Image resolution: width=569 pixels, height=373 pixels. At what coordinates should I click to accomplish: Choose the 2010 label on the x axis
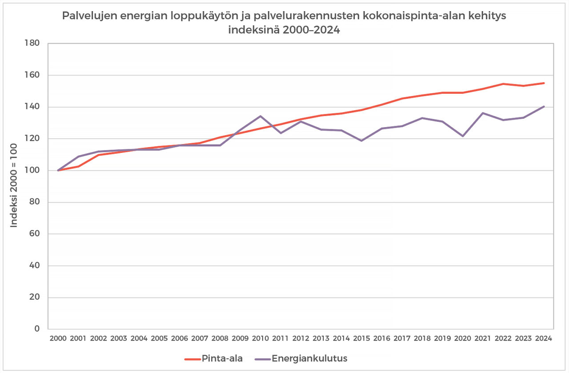[x=260, y=338]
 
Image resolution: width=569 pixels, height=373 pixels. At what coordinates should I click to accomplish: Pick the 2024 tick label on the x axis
[x=544, y=338]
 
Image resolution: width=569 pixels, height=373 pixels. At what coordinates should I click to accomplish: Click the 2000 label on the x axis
[x=58, y=338]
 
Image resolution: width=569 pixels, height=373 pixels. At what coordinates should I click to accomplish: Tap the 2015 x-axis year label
[x=361, y=338]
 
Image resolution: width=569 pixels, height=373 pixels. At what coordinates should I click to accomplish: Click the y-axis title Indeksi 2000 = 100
[x=14, y=186]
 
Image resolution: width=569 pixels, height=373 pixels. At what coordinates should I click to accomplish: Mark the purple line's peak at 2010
[x=260, y=116]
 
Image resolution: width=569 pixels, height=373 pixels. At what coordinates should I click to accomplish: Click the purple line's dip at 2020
[x=463, y=136]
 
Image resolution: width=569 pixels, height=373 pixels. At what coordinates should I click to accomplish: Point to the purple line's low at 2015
[x=361, y=140]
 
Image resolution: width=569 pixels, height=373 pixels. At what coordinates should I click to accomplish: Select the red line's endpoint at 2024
[x=544, y=83]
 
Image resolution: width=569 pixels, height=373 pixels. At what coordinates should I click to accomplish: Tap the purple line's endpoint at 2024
[x=544, y=107]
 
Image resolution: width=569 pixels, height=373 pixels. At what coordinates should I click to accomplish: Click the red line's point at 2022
[x=503, y=84]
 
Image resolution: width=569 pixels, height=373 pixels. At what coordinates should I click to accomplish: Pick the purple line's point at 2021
[x=483, y=113]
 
